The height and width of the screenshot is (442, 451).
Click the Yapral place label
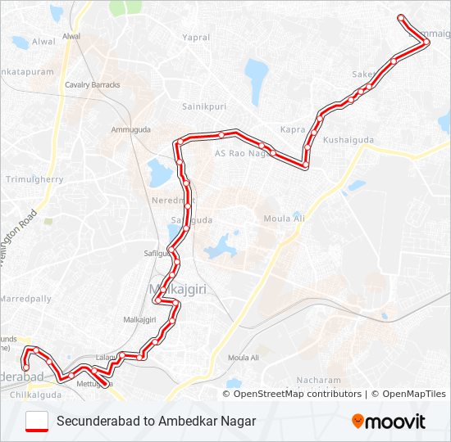click(196, 38)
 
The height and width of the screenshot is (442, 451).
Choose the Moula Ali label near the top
click(283, 218)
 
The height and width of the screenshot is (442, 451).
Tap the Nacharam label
click(319, 381)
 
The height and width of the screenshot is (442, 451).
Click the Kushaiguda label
click(348, 140)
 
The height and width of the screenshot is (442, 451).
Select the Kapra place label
click(292, 129)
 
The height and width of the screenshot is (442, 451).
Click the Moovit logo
click(389, 422)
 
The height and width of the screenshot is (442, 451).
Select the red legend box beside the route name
click(37, 422)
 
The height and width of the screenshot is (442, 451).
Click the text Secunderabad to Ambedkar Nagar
click(157, 422)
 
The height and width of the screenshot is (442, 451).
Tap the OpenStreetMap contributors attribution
click(298, 394)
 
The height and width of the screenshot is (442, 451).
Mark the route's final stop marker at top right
click(400, 18)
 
